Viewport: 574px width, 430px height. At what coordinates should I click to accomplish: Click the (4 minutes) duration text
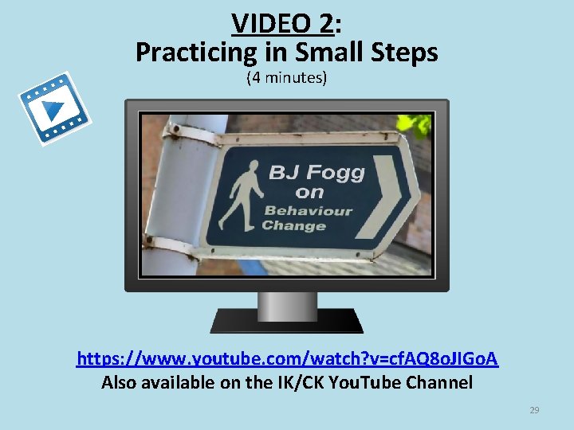click(287, 78)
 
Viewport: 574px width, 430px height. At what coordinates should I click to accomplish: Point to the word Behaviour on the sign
click(309, 211)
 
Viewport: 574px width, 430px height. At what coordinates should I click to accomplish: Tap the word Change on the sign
click(293, 226)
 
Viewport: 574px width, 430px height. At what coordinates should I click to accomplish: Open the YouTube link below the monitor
click(287, 360)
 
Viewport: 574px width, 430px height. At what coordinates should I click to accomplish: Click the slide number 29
click(534, 410)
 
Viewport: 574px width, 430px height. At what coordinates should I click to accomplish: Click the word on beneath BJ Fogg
click(309, 193)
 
